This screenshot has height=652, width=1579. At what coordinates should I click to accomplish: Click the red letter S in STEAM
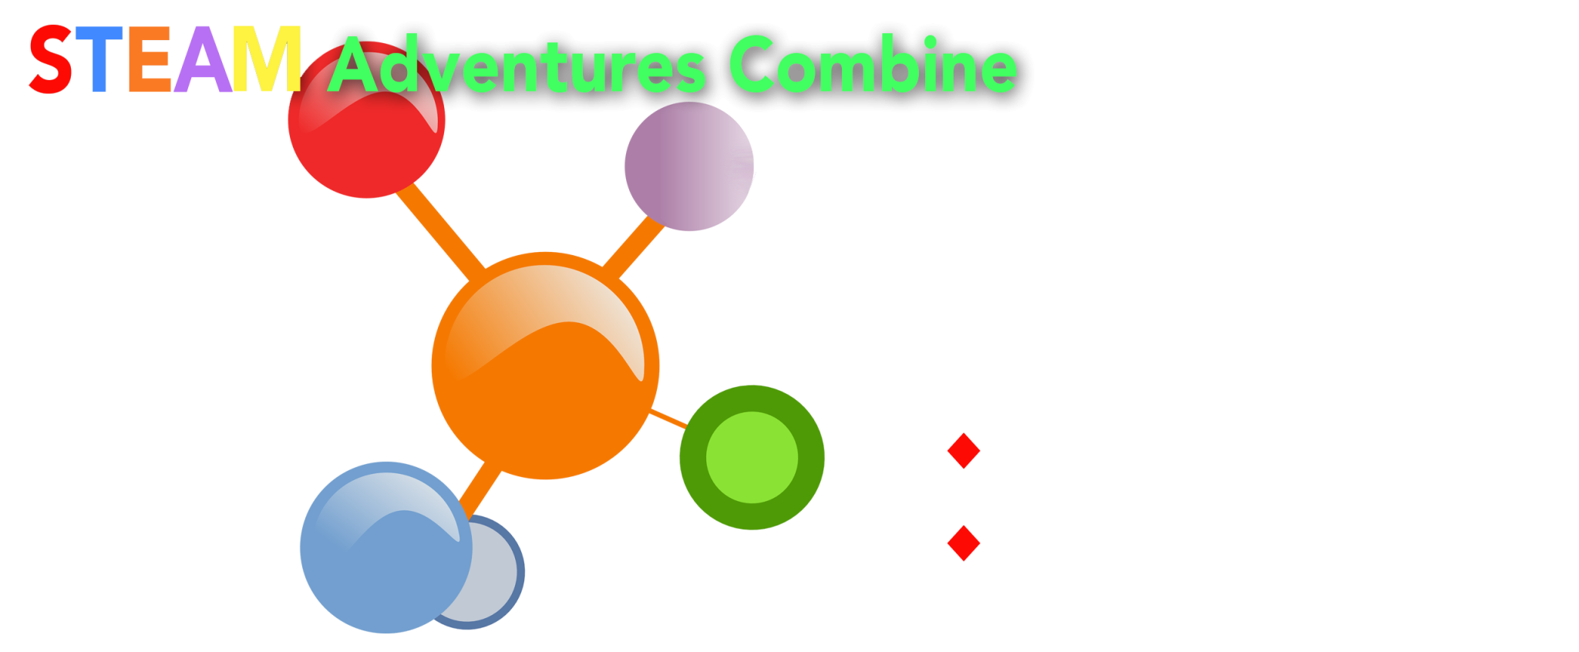point(51,59)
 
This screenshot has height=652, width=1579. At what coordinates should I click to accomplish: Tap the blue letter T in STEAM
point(98,59)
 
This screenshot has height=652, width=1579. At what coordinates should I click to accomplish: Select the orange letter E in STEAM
point(149,59)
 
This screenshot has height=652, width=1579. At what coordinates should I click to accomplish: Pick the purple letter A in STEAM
point(203,59)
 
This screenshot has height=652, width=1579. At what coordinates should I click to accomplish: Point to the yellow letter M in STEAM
point(267,59)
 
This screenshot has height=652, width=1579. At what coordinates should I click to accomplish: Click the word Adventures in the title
point(517,66)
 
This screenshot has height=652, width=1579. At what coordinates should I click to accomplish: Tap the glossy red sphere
point(366,120)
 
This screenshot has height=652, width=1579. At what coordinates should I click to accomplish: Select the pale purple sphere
point(689,166)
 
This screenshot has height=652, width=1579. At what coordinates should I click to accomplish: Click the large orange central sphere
point(545,365)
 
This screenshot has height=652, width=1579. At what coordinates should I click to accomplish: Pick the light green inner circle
point(752,457)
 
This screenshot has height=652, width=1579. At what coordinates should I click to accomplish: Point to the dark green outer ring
point(693,457)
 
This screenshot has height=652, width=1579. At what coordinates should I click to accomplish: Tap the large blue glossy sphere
point(385,547)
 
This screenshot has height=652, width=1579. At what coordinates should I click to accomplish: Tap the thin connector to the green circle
point(668,418)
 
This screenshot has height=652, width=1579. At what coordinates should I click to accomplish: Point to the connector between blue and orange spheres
point(481,489)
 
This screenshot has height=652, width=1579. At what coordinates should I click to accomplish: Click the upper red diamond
point(964,451)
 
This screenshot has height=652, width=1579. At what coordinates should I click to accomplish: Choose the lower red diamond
point(964,543)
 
